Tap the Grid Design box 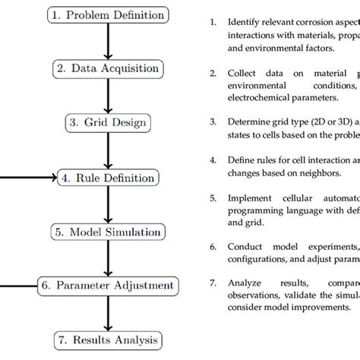click(106, 123)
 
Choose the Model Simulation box click(106, 232)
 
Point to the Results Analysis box click(106, 339)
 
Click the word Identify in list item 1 click(242, 21)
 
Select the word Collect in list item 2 click(241, 75)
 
